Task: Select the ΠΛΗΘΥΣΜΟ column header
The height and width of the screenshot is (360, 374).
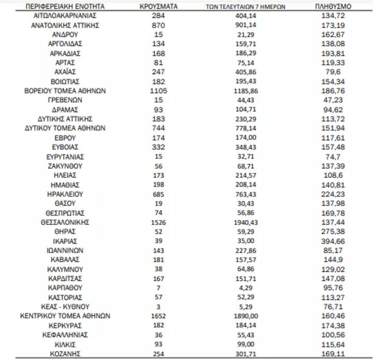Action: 333,7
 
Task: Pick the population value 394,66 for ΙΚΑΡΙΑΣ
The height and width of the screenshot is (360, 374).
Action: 333,241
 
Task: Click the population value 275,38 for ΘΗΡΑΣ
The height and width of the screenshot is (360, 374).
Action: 333,232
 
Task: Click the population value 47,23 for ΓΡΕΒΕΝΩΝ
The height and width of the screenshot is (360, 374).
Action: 333,99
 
